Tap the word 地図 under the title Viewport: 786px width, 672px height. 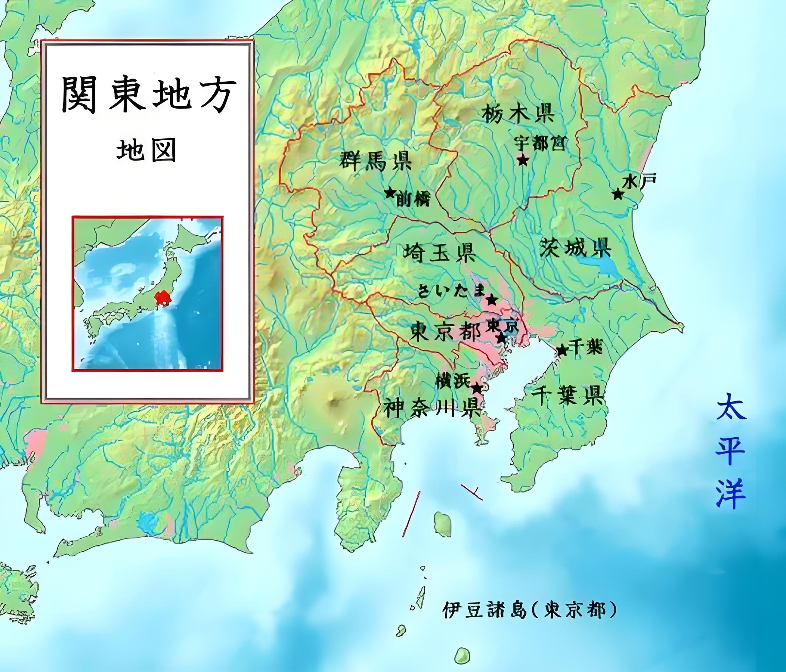click(146, 151)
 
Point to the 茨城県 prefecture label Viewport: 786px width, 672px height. click(575, 248)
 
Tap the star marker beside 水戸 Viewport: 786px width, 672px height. click(618, 195)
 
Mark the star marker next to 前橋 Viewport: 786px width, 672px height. click(389, 193)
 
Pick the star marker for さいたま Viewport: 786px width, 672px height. click(492, 300)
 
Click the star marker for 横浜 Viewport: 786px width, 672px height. click(477, 388)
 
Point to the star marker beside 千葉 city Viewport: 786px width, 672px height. click(562, 350)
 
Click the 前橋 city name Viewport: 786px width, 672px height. click(413, 200)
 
